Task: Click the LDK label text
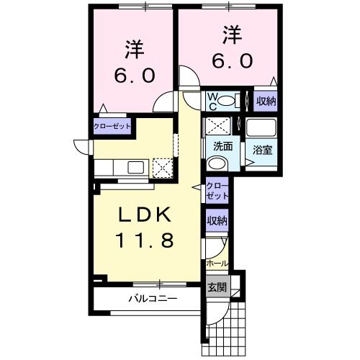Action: [143, 215]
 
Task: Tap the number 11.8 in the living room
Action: [143, 241]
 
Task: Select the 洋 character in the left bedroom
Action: [135, 50]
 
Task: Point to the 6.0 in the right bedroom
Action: [231, 60]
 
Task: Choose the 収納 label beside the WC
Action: [265, 101]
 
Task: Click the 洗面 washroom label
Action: [222, 146]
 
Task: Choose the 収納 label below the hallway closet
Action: [217, 221]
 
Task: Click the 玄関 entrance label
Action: [217, 287]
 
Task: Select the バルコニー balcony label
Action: [153, 297]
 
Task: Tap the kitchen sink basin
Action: [135, 168]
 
